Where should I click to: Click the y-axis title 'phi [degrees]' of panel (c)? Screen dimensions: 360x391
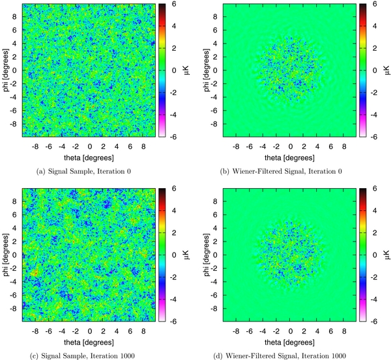pyautogui.click(x=6, y=252)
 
